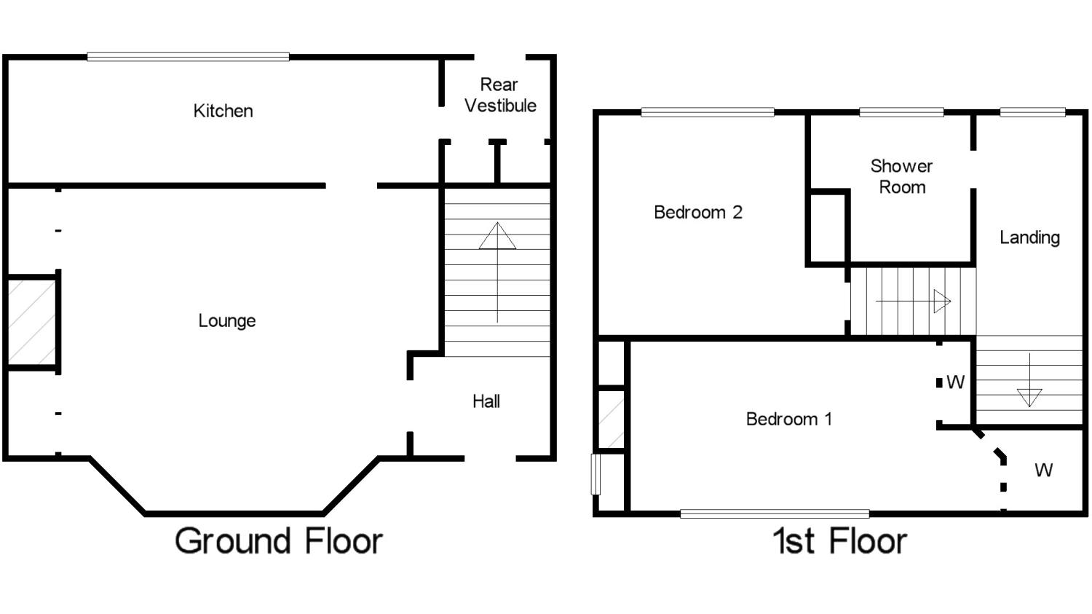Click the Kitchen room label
pos(223,111)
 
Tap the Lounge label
pos(227,321)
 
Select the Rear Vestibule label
pos(500,95)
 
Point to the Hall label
pos(486,401)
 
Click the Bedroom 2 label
pos(698,212)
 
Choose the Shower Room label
pos(902,176)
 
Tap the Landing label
pos(1029,237)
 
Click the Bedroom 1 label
pos(788,419)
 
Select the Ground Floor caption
pos(279,541)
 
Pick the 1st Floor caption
pos(840,541)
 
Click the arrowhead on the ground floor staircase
pos(497,236)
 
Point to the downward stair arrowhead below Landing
pos(1029,398)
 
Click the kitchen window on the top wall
pos(188,57)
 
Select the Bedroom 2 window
pos(708,113)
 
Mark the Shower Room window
pos(901,113)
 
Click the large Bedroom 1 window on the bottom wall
pos(775,513)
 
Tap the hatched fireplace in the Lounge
pos(32,323)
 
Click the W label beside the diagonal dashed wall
pos(1043,470)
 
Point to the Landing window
pos(1032,113)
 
